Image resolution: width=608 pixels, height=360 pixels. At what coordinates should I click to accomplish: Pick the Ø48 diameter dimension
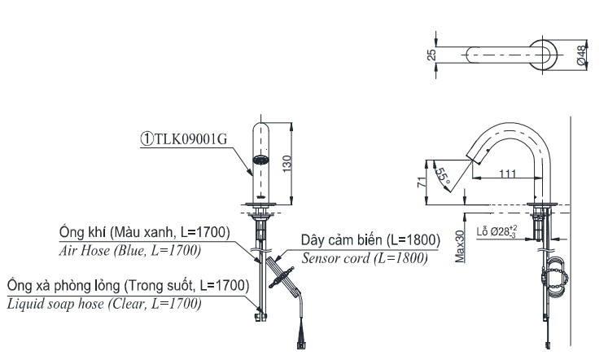click(581, 55)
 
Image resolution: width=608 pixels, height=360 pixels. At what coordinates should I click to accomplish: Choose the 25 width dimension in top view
click(432, 55)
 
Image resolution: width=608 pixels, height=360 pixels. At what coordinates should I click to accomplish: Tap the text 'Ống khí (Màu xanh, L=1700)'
click(143, 233)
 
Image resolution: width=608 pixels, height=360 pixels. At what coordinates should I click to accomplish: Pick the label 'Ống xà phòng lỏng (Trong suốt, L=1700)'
click(126, 286)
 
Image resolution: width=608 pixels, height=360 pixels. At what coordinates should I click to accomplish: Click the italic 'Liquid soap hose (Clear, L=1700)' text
click(106, 304)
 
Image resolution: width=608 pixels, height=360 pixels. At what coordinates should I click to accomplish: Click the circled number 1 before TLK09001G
click(145, 138)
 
